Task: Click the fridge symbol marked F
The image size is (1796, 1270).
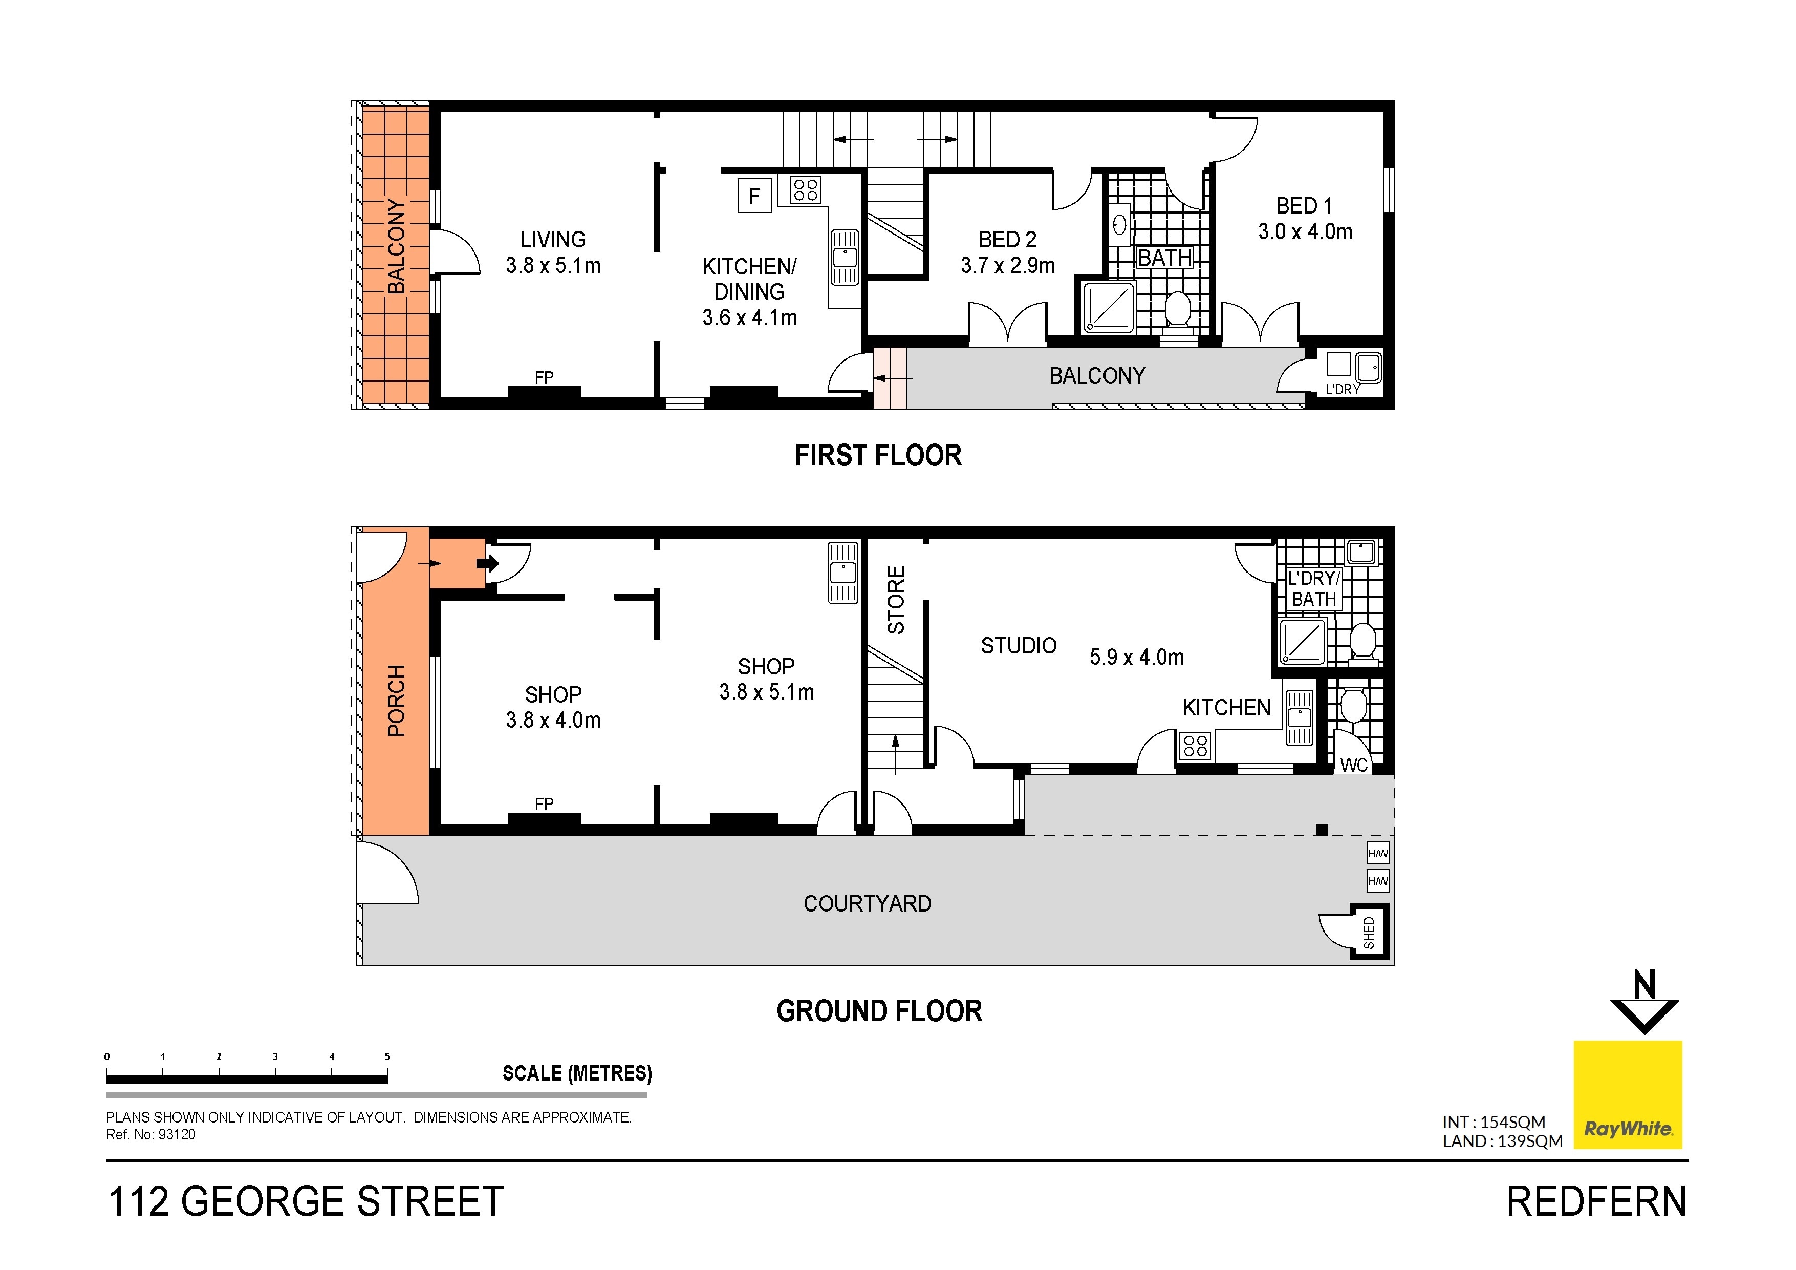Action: click(755, 196)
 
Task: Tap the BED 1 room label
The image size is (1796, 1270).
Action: click(1304, 206)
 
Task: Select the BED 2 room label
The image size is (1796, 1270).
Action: click(1007, 240)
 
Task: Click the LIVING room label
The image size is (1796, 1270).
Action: click(553, 240)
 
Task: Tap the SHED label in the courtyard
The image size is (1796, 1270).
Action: click(1369, 933)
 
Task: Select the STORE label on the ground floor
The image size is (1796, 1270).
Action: click(896, 600)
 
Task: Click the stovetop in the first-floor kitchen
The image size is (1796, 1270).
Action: click(805, 190)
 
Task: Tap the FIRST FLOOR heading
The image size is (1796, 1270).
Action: click(878, 455)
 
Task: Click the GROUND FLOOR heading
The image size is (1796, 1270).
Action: click(879, 1011)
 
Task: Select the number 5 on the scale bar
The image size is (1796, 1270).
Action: click(387, 1056)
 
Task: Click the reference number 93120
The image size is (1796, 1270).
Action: click(177, 1135)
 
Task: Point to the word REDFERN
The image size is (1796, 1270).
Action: click(1596, 1202)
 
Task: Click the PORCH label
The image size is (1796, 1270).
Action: click(397, 701)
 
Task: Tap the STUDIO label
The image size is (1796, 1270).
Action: click(1019, 646)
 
